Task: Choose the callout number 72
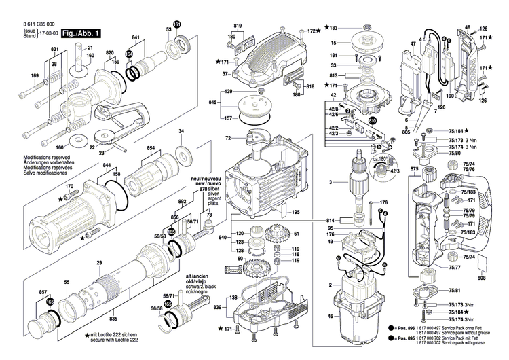[x=228, y=139]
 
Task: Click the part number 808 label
[x=482, y=277]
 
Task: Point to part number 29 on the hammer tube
[x=99, y=263]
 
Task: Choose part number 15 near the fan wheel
[x=333, y=43]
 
